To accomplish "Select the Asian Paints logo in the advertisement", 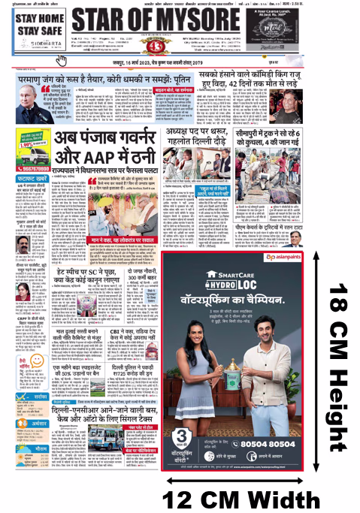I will tap(288, 257).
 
